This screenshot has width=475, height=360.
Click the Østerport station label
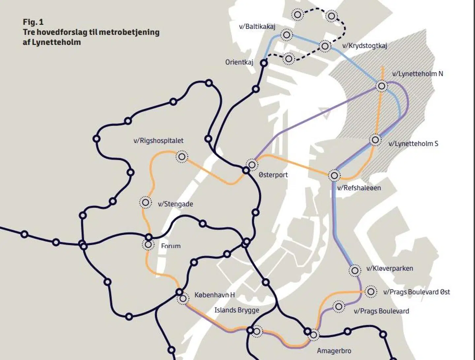[x=273, y=175]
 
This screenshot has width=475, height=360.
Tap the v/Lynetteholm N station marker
[x=382, y=86]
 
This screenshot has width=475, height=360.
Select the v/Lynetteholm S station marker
[x=375, y=140]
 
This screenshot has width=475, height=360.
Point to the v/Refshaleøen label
[x=359, y=188]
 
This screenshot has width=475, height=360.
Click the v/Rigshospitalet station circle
[x=182, y=157]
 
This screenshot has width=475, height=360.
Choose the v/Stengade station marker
[x=145, y=202]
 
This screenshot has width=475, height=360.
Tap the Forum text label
[x=171, y=246]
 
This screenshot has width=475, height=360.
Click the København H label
[x=214, y=295]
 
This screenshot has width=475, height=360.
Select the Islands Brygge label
[x=237, y=310]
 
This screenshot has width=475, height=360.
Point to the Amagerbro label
[x=334, y=351]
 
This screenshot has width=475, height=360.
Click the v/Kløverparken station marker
[x=355, y=271]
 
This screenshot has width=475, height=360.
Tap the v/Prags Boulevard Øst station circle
[x=371, y=292]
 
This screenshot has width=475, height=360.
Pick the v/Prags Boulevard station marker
[x=338, y=307]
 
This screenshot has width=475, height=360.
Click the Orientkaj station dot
[x=264, y=63]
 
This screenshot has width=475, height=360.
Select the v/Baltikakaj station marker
[x=287, y=35]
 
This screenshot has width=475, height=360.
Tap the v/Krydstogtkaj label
[x=364, y=46]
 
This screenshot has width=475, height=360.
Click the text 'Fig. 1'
[x=33, y=22]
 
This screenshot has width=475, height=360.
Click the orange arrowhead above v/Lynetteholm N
[x=382, y=68]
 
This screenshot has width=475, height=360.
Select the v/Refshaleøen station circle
[x=334, y=175]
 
